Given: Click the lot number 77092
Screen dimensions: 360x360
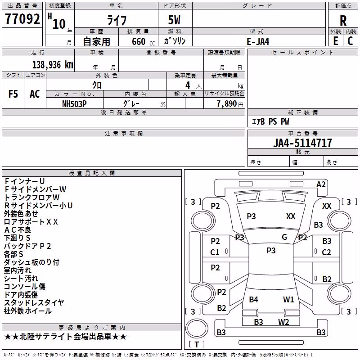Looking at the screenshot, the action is pyautogui.click(x=22, y=19).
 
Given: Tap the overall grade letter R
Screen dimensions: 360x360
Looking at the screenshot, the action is pyautogui.click(x=343, y=21).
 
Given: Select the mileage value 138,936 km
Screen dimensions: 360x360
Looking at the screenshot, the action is pyautogui.click(x=53, y=64).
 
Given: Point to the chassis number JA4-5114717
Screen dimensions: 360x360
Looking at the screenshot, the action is pyautogui.click(x=302, y=143).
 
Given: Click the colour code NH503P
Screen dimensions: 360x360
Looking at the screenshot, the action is pyautogui.click(x=74, y=104).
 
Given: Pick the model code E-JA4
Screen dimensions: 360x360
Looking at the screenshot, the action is pyautogui.click(x=258, y=41).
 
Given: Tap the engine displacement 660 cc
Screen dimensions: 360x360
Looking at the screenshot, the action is pyautogui.click(x=143, y=41).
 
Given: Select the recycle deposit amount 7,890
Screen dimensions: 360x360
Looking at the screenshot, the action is pyautogui.click(x=226, y=104).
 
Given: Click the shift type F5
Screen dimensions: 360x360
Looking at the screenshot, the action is pyautogui.click(x=13, y=94).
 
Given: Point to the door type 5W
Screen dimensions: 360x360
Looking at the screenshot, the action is pyautogui.click(x=174, y=20).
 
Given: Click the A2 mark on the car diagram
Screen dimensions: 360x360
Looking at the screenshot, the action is pyautogui.click(x=321, y=184).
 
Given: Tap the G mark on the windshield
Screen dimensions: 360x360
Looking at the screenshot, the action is pyautogui.click(x=284, y=237).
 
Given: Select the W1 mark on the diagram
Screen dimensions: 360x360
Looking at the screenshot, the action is pyautogui.click(x=288, y=299).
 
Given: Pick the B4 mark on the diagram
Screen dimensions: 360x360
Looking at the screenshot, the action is pyautogui.click(x=253, y=299).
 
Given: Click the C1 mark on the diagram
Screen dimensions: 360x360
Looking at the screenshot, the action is pyautogui.click(x=215, y=252).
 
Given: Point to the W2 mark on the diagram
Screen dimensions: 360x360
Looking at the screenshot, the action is pyautogui.click(x=283, y=322).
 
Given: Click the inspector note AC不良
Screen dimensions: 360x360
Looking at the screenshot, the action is pyautogui.click(x=18, y=230).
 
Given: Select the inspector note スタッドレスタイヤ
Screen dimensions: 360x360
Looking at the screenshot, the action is pyautogui.click(x=34, y=302).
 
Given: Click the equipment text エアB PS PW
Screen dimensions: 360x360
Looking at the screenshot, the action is pyautogui.click(x=270, y=121).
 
